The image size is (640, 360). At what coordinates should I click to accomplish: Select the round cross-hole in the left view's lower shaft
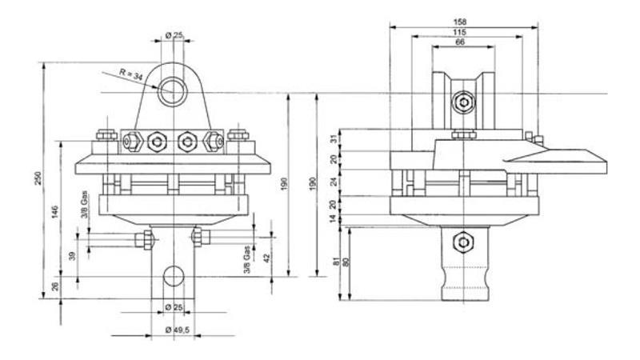pyautogui.click(x=172, y=275)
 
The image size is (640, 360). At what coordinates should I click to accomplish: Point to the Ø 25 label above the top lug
pyautogui.click(x=174, y=34)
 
